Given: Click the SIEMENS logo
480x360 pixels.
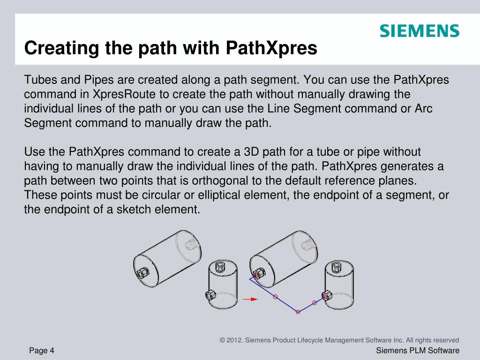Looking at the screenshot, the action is pos(419,31).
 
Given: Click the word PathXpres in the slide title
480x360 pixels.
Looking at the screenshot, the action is pos(272,48).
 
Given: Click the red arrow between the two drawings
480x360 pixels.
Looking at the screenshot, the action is pos(250,298).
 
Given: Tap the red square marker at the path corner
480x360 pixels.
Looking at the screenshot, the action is pos(298,311).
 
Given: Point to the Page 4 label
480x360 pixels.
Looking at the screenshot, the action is pos(42,351).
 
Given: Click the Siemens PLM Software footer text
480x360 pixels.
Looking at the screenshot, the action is pos(418,351).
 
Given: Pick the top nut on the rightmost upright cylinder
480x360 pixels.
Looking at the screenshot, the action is pos(337,267).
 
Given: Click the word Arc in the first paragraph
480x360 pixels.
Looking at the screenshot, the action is pos(424,109).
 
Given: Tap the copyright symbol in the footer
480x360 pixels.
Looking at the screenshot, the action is pos(222,340).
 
